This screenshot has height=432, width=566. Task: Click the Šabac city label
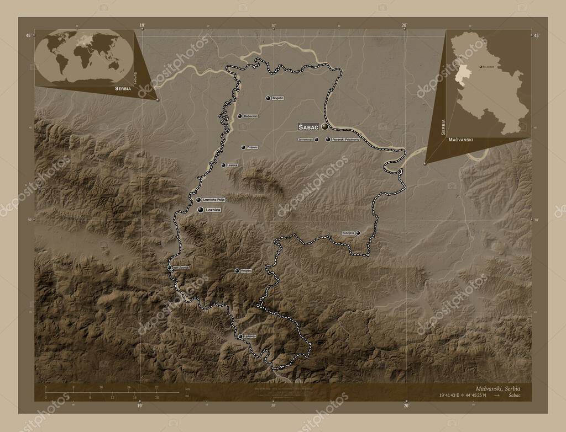click(x=308, y=126)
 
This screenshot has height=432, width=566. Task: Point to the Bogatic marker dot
click(x=268, y=98)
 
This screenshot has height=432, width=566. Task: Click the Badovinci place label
click(x=251, y=116)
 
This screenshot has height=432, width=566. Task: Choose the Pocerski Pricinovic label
click(x=346, y=140)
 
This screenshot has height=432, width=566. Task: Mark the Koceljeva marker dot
click(x=358, y=233)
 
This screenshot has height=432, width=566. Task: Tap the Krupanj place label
click(x=247, y=271)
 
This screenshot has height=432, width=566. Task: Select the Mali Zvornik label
click(x=181, y=268)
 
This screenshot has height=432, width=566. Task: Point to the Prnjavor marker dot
click(x=243, y=147)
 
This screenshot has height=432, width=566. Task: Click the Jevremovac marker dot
click(x=317, y=140)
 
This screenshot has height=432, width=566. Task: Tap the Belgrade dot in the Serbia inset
click(x=479, y=66)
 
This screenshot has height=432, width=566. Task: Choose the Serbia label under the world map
click(x=123, y=88)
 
